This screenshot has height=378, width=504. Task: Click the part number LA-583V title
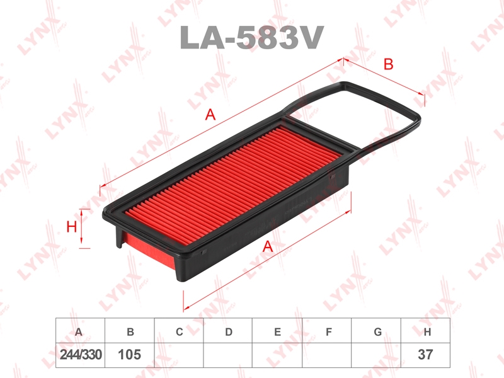[251, 38]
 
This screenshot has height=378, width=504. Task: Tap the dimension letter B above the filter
[388, 64]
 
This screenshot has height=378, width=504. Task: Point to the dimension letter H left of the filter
[71, 227]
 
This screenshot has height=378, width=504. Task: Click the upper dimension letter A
[210, 115]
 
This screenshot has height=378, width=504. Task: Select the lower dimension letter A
[267, 246]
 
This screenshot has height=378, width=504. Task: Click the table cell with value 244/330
[81, 355]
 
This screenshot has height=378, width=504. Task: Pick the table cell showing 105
[130, 355]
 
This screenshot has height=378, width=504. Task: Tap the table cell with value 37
[425, 355]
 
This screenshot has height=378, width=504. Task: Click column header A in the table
[79, 332]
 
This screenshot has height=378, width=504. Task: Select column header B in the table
[130, 332]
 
